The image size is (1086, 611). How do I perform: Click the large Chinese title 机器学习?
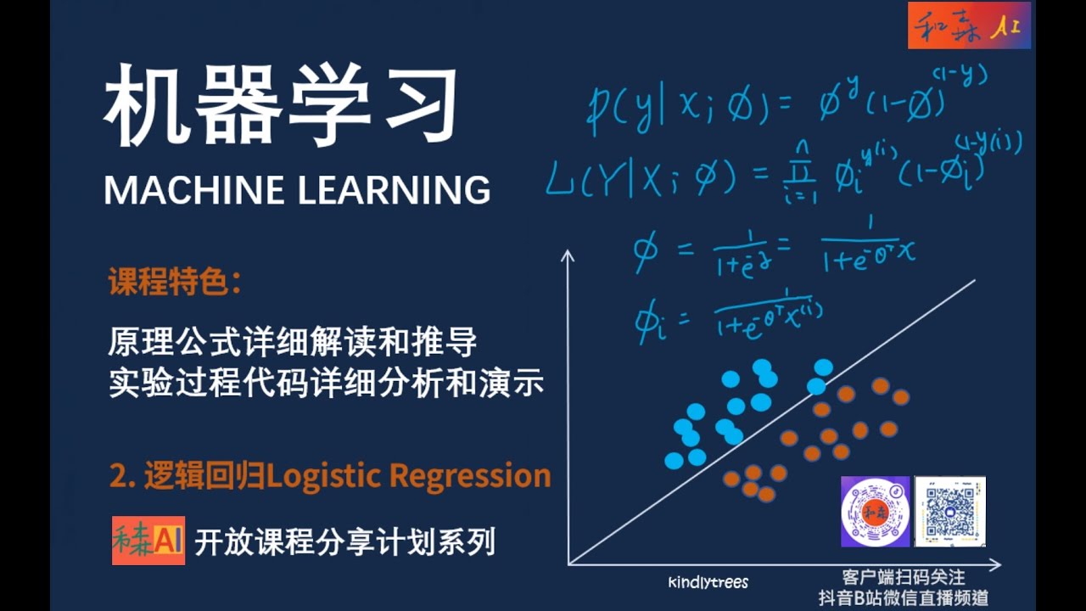coord(280,106)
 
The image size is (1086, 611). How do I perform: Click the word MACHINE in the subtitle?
coord(195,190)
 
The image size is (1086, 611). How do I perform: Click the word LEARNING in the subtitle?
coord(394,190)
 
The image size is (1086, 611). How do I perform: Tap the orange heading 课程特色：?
coord(175,283)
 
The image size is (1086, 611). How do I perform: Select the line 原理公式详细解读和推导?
coord(292,344)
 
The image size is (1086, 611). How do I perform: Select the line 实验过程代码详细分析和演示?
coord(326,384)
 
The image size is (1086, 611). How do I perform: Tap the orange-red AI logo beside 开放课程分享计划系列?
coord(148,541)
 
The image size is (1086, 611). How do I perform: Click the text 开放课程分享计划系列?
coord(344,541)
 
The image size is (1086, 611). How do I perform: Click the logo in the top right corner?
coord(968,25)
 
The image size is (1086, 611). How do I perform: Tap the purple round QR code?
coord(875,511)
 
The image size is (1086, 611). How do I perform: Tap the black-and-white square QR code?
coord(949,511)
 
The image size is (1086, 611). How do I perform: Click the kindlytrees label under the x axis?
coord(708,582)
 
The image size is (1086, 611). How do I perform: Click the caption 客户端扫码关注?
coord(903,578)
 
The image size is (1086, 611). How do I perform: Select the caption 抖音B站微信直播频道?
coord(903,597)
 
